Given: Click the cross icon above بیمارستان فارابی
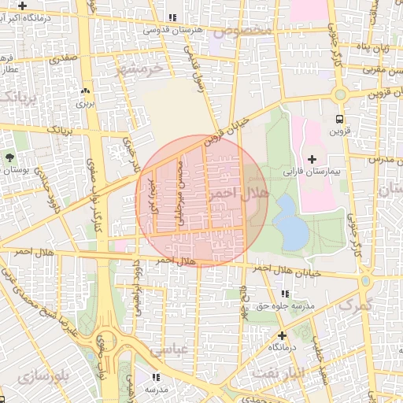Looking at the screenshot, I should pos(312,159).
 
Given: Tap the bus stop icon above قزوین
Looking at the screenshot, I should pos(340,120).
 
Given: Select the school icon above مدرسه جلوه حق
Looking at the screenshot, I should pos(284,294).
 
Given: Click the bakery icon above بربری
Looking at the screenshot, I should pos(85,91).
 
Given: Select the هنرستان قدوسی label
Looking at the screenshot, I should pos(173,30).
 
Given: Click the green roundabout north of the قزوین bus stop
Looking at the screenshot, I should pos(340,95).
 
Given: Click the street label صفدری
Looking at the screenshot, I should pos(63,57).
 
